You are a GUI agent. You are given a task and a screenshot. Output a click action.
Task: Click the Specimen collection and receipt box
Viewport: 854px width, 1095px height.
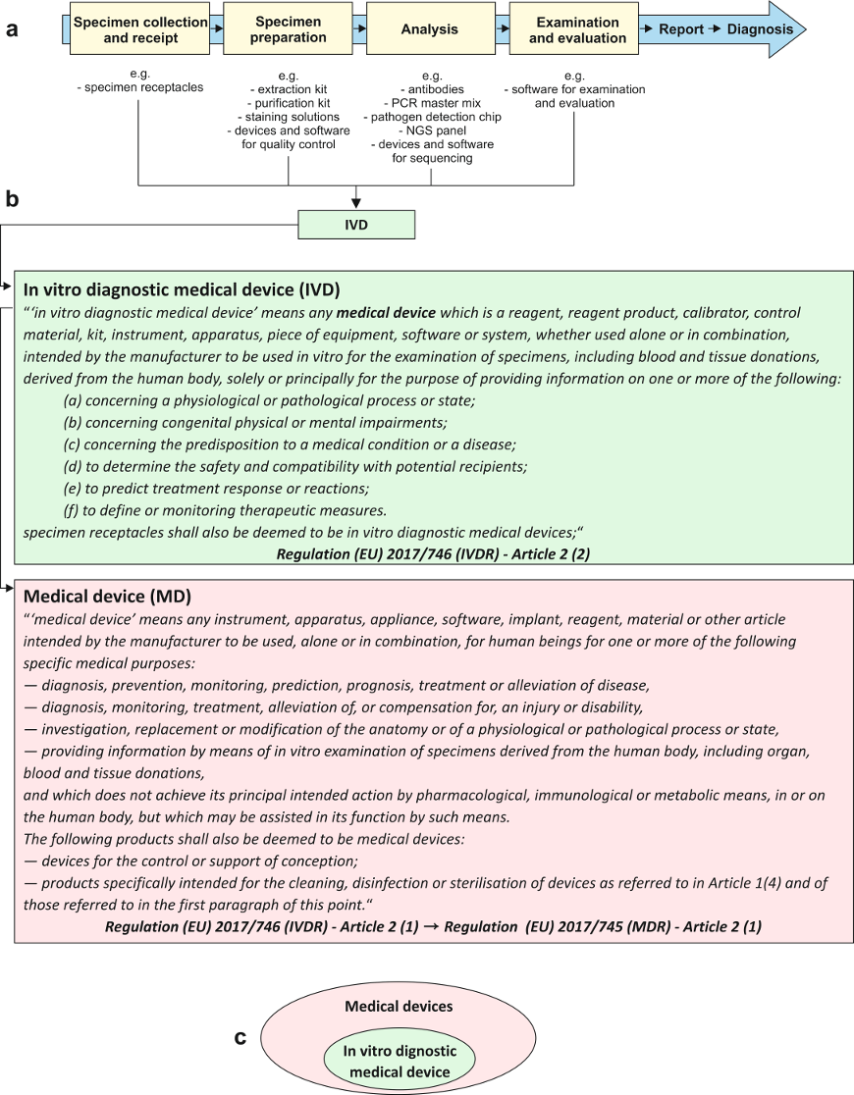(141, 29)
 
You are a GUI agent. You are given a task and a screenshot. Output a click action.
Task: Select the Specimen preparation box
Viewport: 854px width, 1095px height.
(289, 29)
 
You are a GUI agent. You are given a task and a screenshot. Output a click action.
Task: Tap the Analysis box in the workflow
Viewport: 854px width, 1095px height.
(429, 29)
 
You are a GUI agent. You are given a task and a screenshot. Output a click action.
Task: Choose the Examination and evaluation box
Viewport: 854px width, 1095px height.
(577, 29)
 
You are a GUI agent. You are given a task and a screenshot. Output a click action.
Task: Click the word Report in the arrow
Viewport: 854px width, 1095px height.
(681, 29)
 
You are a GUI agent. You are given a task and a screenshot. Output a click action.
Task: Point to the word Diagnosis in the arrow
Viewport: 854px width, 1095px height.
(760, 29)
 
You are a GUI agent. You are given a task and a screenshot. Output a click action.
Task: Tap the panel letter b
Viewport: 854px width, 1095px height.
(13, 199)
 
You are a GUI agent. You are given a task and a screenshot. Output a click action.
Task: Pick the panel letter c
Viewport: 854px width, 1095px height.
(240, 1037)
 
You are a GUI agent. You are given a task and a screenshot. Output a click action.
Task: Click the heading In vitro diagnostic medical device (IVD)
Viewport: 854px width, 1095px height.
(182, 289)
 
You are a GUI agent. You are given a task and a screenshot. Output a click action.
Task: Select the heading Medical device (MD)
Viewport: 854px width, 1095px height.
(107, 597)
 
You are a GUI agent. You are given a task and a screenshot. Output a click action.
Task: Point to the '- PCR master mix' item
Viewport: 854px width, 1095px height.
(432, 103)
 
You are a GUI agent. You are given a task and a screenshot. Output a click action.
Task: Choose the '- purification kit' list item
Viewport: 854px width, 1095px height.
(289, 103)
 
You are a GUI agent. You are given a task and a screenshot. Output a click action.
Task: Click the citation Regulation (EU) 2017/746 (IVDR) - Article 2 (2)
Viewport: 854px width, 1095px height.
(433, 553)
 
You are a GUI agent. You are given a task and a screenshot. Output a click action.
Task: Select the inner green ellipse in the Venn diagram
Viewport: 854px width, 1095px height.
(400, 1061)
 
